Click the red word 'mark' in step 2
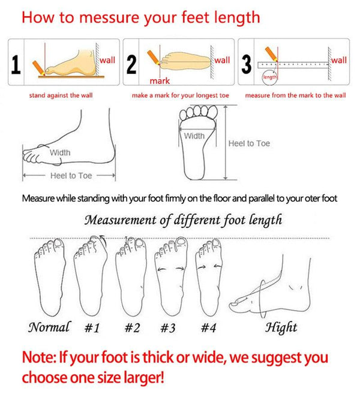160,80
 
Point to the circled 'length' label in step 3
271,77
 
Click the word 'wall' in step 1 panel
107,60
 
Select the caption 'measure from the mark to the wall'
295,95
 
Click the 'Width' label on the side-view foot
59,153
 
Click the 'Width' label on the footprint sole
194,136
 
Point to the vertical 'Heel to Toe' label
249,144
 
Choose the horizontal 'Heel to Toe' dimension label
71,176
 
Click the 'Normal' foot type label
49,327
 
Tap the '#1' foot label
92,328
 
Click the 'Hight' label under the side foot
281,327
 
